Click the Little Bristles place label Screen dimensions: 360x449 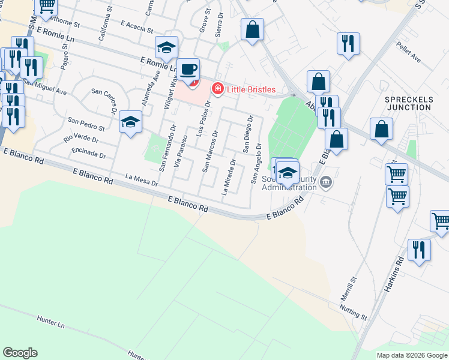coord(252,89)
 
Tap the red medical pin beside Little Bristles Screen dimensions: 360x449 coord(217,89)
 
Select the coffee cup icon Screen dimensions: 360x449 coord(188,69)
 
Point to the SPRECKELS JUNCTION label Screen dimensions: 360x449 coord(408,103)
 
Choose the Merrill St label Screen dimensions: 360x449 coord(350,286)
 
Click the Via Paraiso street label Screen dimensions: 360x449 coord(178,154)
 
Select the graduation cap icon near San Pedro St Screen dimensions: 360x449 coord(130,122)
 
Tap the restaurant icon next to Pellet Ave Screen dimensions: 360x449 coord(348,43)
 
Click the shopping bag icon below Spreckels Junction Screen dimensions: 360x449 coord(381,129)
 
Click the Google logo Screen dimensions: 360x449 coord(20,353)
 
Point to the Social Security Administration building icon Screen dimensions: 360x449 coord(325,182)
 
